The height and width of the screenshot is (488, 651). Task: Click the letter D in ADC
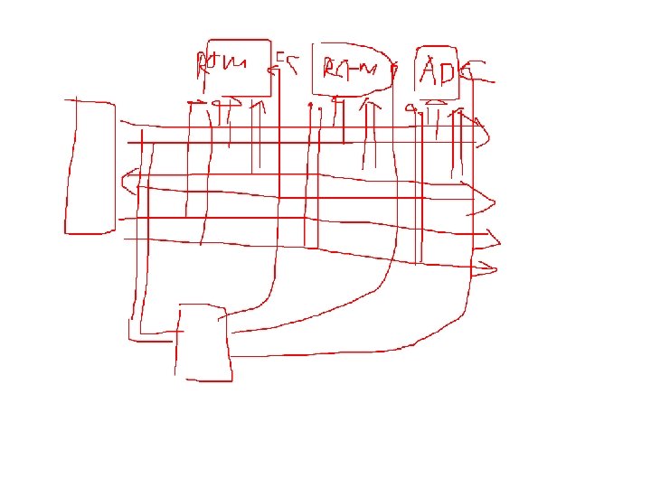tap(450, 70)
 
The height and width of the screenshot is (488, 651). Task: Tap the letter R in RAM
tap(328, 68)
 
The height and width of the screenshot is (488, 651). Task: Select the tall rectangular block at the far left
tap(90, 166)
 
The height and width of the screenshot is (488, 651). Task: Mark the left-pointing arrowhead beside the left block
tap(129, 179)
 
